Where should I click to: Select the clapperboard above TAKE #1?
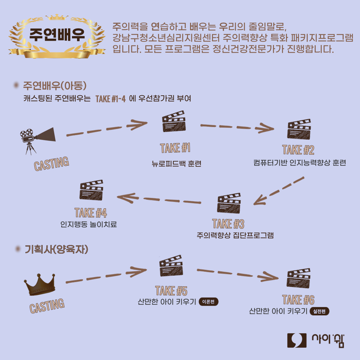174,122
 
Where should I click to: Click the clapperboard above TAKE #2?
299,130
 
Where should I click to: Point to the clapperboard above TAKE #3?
229,203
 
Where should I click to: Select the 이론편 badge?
208,302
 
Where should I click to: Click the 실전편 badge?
319,312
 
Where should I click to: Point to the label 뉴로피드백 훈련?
176,164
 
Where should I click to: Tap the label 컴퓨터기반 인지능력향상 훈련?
299,163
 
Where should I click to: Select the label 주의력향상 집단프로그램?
235,235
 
